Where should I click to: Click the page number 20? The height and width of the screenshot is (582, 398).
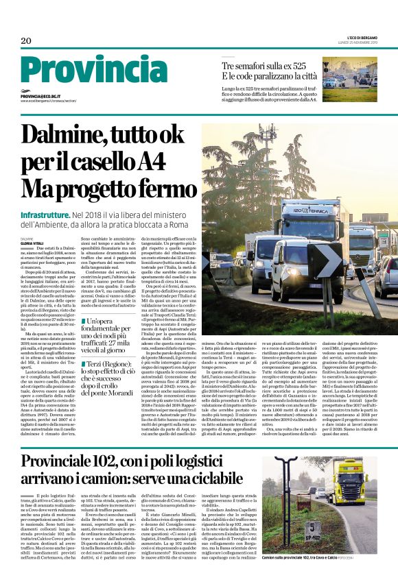pyautogui.click(x=26, y=41)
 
